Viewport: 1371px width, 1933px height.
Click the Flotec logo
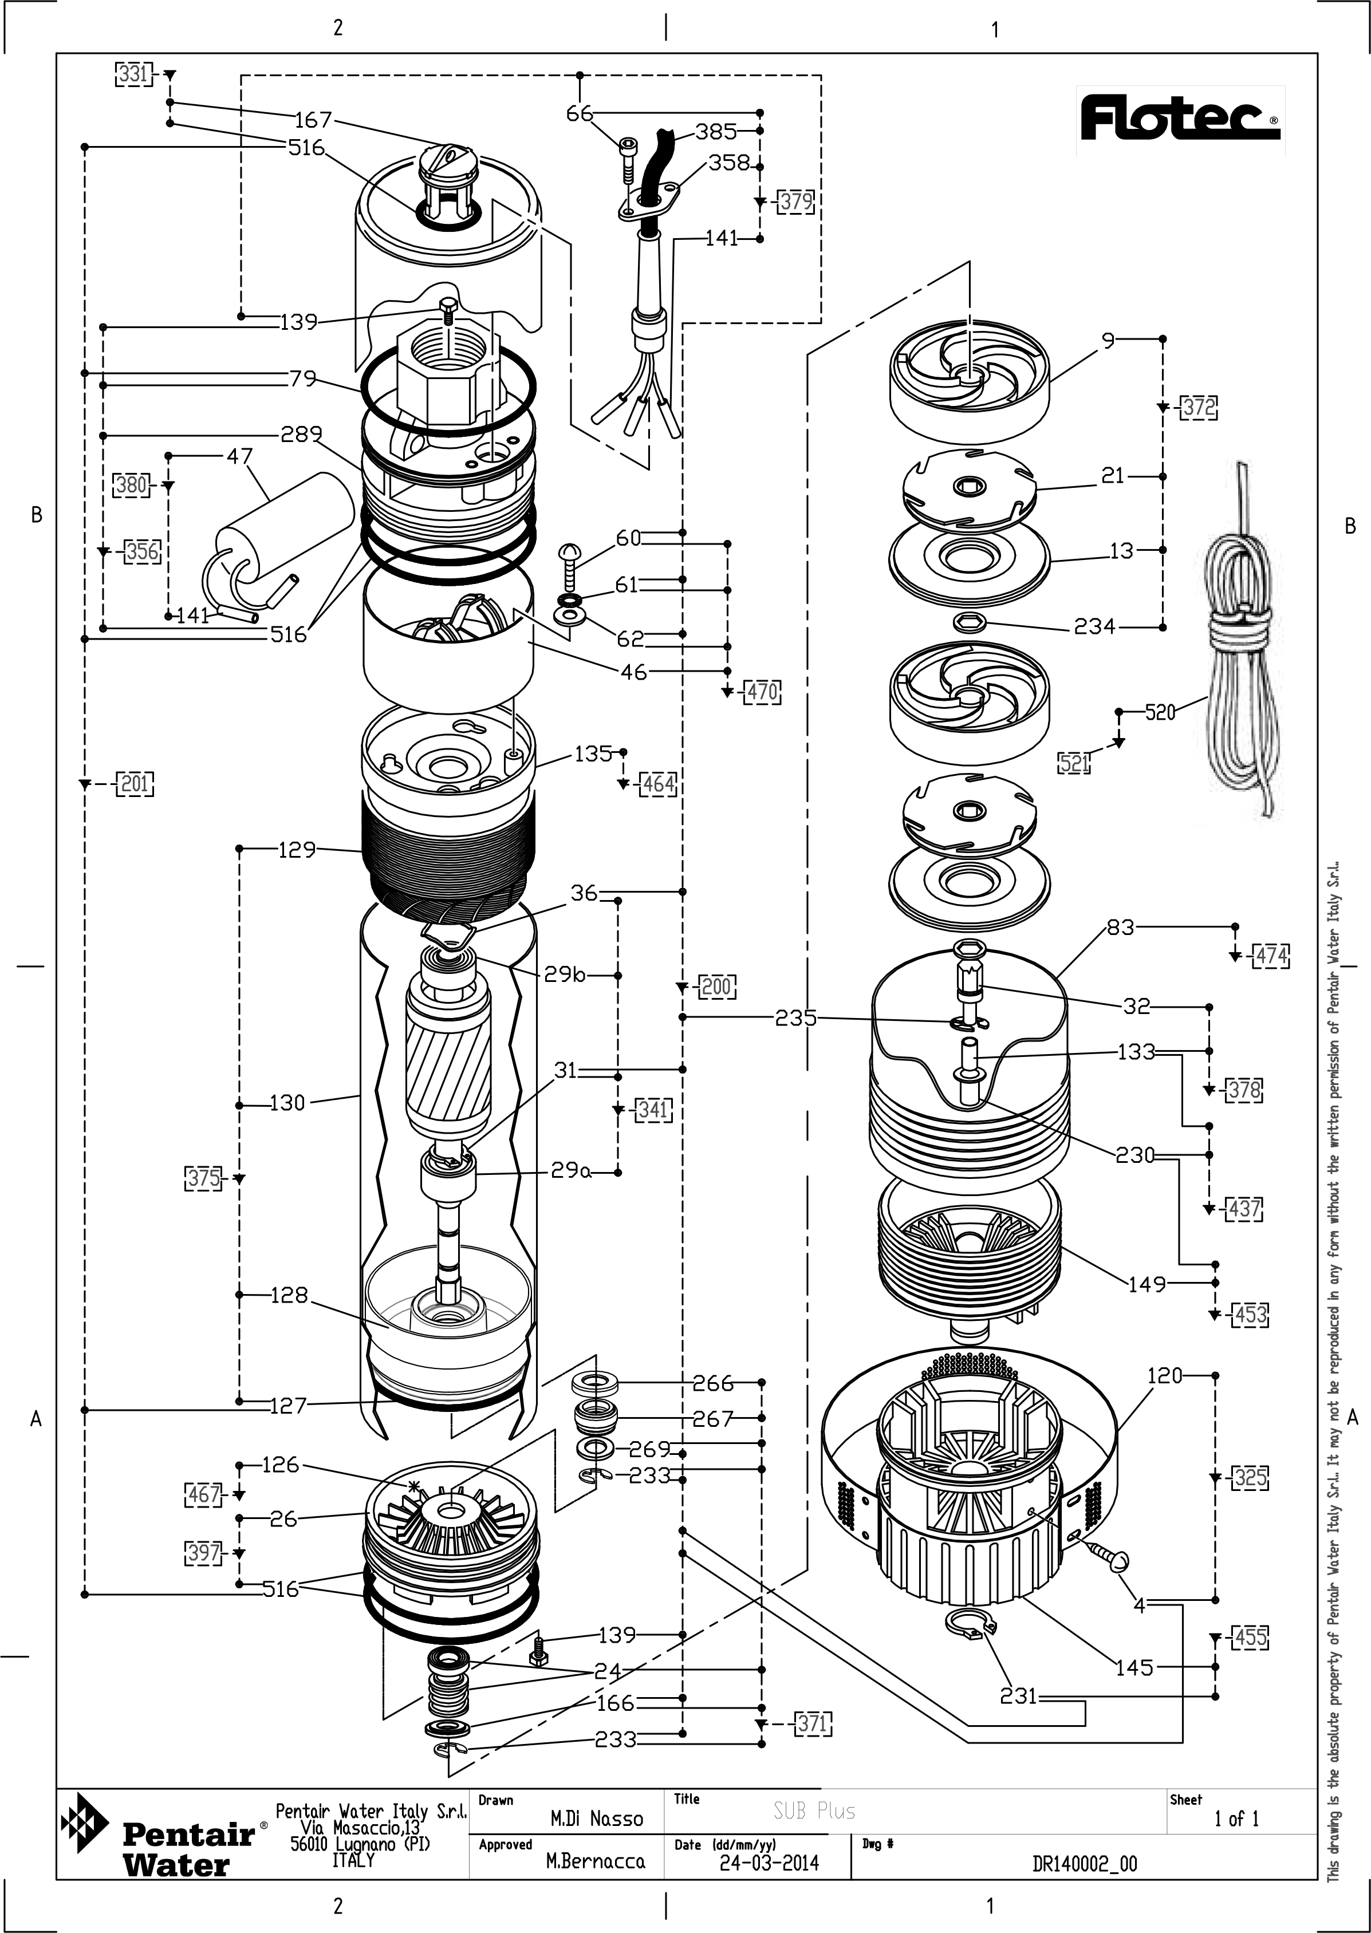[x=1179, y=119]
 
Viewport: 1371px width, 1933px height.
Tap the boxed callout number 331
[x=132, y=74]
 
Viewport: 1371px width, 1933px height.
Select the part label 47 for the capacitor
[x=240, y=456]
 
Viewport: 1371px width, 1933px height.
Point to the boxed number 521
[x=1074, y=763]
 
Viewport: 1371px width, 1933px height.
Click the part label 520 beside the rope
[x=1160, y=712]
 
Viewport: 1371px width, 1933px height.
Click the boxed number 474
[x=1271, y=956]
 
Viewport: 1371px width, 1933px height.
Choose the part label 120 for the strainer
[x=1165, y=1375]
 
